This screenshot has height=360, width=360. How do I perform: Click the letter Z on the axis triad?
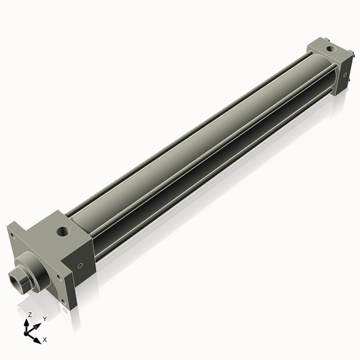(29, 314)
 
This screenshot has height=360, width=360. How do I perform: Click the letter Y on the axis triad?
(44, 319)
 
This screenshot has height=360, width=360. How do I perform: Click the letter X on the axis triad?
(44, 340)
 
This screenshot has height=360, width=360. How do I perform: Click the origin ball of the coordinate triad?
(28, 332)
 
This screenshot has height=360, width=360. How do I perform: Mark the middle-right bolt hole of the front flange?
(58, 277)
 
